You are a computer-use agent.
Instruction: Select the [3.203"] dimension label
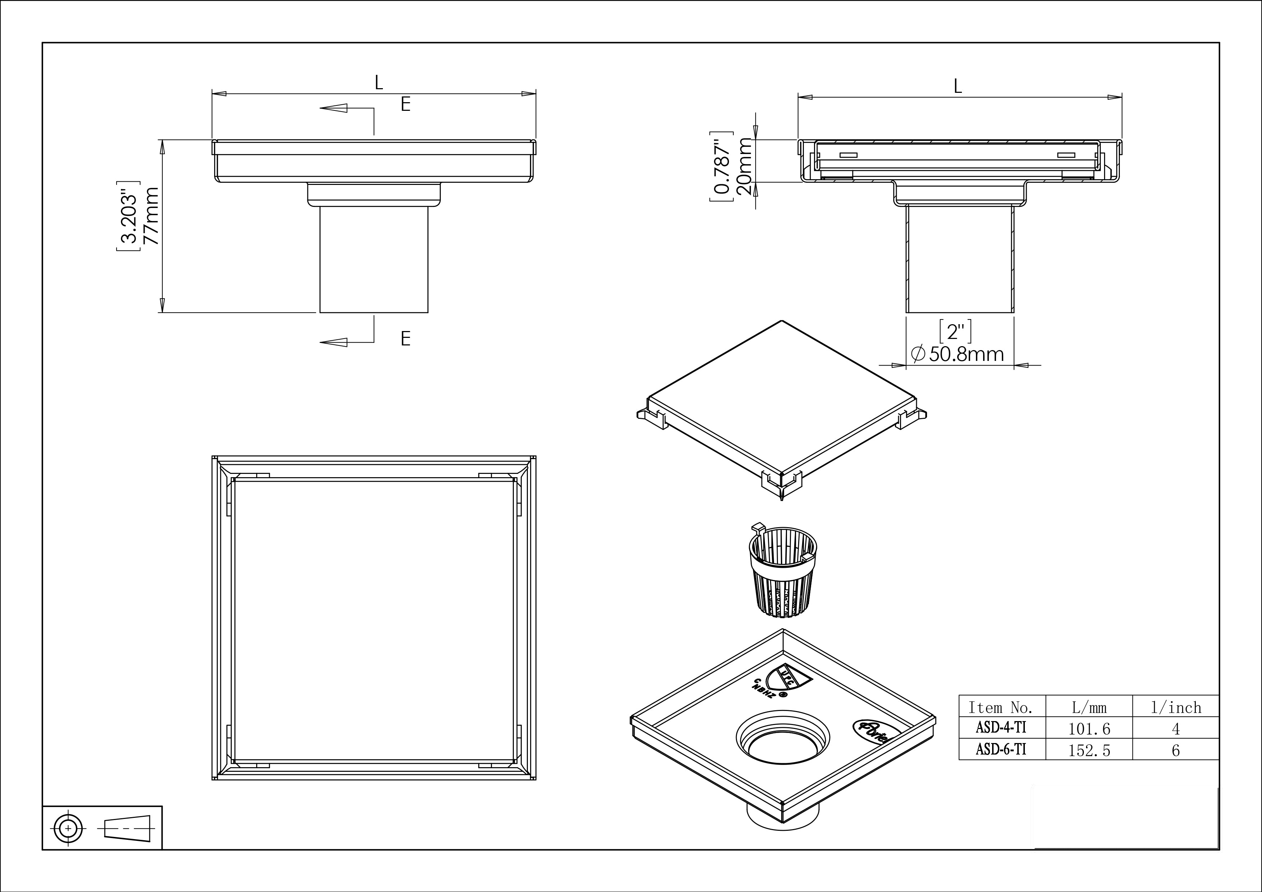click(x=127, y=216)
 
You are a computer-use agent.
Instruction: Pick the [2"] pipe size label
click(x=956, y=331)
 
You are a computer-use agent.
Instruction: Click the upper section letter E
click(x=405, y=104)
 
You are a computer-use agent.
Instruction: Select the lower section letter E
click(x=405, y=339)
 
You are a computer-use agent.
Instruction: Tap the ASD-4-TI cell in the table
click(x=1001, y=728)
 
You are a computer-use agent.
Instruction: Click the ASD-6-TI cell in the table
click(x=1001, y=749)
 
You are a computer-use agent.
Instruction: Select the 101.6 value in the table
click(x=1089, y=729)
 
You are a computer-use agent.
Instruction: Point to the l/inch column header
click(x=1176, y=707)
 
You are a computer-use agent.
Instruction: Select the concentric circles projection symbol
click(x=68, y=827)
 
